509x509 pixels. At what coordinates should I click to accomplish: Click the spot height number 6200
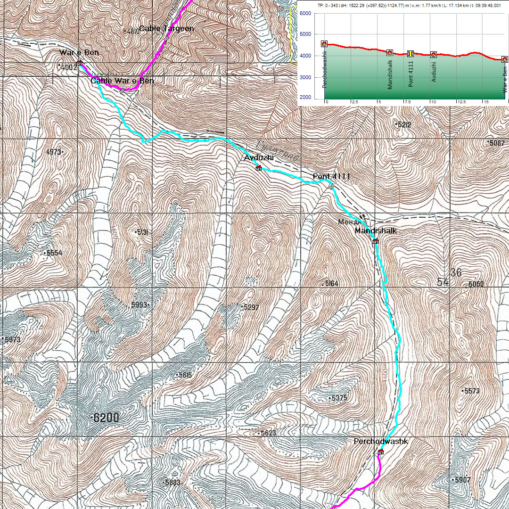tap(106, 418)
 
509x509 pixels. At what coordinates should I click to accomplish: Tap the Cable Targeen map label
tap(166, 29)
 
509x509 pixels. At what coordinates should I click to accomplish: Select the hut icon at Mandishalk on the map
tap(376, 241)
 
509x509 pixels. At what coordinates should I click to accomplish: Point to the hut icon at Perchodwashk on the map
tap(381, 452)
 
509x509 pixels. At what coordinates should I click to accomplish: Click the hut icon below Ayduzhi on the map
tap(258, 168)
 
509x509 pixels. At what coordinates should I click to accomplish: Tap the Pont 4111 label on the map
tap(331, 176)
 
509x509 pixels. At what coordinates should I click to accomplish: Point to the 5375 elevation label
tap(339, 398)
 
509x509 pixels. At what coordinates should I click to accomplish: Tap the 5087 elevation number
tap(497, 143)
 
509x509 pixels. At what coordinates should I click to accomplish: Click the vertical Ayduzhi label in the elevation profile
tap(434, 71)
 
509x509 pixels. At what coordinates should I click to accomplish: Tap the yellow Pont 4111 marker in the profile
tap(410, 53)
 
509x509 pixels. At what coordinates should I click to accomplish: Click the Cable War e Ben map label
tap(122, 81)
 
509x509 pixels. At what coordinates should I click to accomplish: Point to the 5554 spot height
tap(54, 253)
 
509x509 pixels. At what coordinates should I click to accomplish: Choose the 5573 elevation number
tap(471, 391)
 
